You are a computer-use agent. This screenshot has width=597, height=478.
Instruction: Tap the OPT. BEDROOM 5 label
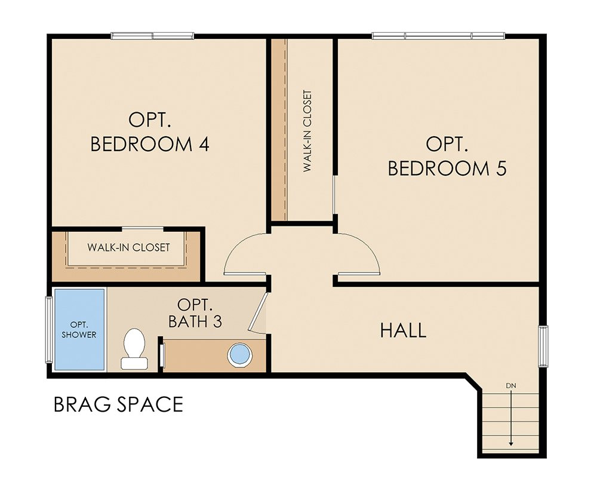pyautogui.click(x=447, y=156)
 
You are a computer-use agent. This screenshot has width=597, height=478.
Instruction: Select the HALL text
pyautogui.click(x=403, y=330)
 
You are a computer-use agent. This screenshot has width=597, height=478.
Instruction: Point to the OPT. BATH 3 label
pyautogui.click(x=195, y=312)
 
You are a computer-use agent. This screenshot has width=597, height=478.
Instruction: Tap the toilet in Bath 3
pyautogui.click(x=133, y=348)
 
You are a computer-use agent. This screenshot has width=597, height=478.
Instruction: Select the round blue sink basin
pyautogui.click(x=241, y=354)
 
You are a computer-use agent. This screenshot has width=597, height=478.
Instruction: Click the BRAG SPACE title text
pyautogui.click(x=118, y=405)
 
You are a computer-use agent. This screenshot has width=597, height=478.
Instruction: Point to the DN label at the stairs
pyautogui.click(x=510, y=386)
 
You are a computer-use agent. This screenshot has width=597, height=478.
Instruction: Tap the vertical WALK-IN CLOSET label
pyautogui.click(x=307, y=131)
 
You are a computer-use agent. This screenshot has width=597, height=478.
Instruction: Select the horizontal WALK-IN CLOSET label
pyautogui.click(x=128, y=247)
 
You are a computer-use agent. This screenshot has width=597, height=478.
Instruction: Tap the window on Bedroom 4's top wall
pyautogui.click(x=152, y=36)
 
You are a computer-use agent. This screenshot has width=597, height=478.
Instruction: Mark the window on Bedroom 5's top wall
pyautogui.click(x=438, y=36)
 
